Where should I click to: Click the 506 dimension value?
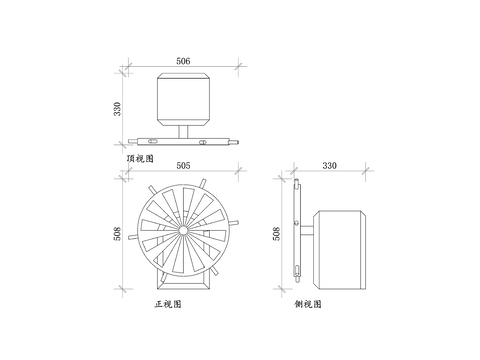click(x=183, y=61)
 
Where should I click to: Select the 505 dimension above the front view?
click(x=183, y=166)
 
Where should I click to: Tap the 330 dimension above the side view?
click(x=329, y=166)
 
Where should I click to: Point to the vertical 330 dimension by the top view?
click(x=117, y=109)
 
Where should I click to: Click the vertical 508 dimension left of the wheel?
click(x=117, y=234)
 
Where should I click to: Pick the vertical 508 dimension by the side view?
click(x=277, y=234)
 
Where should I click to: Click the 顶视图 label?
click(x=140, y=158)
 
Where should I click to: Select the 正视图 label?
click(x=168, y=304)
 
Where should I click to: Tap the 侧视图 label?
click(x=308, y=304)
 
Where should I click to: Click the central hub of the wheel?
click(x=183, y=230)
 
